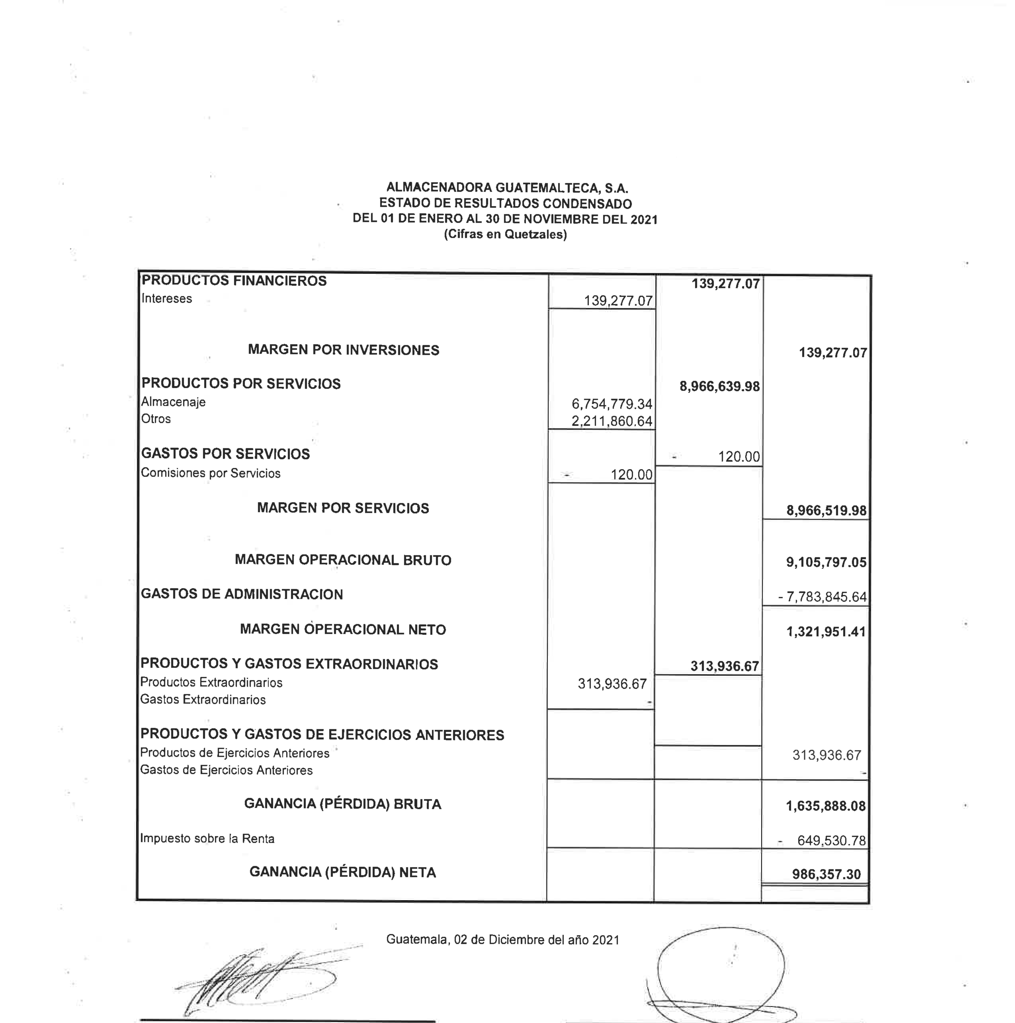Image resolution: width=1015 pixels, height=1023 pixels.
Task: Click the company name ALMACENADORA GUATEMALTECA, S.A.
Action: coord(507,187)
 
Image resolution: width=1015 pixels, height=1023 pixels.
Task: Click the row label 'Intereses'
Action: coord(166,299)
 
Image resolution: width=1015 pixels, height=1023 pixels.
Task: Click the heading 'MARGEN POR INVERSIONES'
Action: coord(343,350)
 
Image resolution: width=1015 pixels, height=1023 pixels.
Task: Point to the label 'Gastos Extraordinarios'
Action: coord(203,699)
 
